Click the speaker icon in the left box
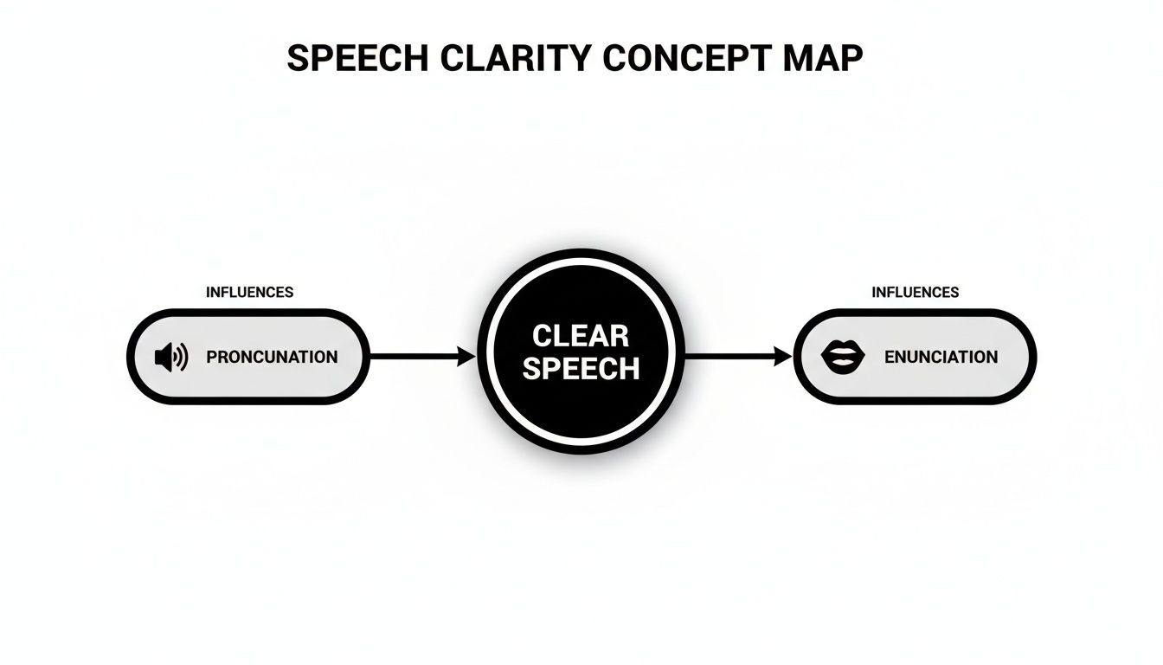click(170, 357)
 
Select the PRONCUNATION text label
click(272, 357)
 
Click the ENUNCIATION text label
click(941, 357)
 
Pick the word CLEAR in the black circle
click(581, 336)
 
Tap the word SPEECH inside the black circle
click(581, 369)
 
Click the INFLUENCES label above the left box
click(249, 293)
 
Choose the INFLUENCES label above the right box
click(915, 293)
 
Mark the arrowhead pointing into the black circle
click(467, 356)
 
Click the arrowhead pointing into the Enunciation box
click(783, 356)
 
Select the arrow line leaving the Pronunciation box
click(411, 356)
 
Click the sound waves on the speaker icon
click(182, 357)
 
